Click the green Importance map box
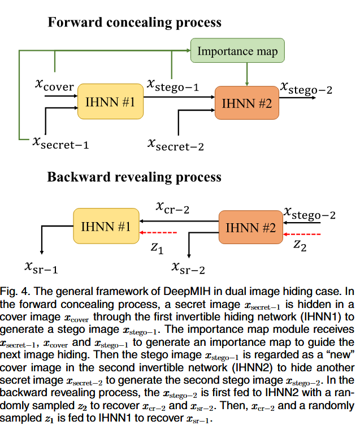point(237,51)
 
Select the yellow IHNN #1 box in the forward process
point(110,102)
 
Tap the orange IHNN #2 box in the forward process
point(247,103)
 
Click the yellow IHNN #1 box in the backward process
point(106,227)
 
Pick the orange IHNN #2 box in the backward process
point(250,228)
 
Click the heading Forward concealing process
point(134,23)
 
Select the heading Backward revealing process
point(134,177)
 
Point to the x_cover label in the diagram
point(54,85)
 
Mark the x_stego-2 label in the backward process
point(309,214)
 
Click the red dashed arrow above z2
point(303,234)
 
